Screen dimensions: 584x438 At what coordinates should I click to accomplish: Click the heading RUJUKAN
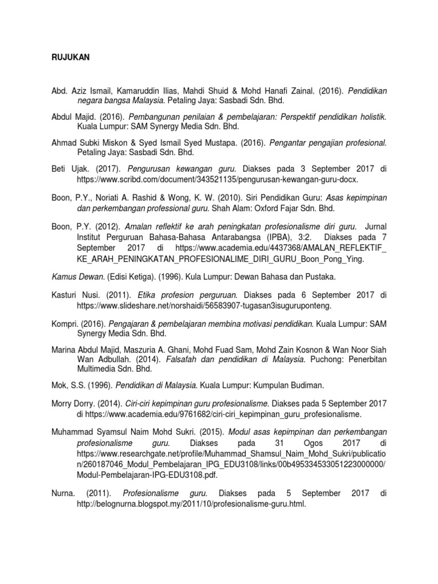click(x=67, y=58)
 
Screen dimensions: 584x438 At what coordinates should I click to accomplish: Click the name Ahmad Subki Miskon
click(x=86, y=142)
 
